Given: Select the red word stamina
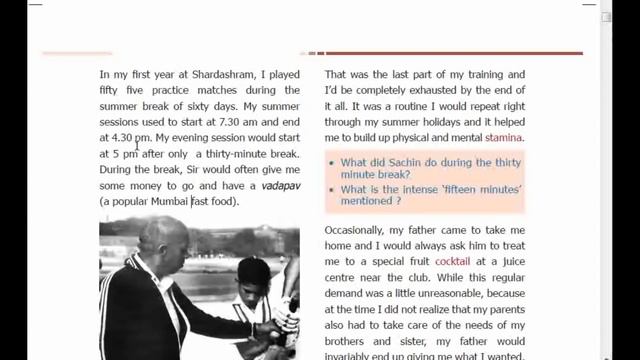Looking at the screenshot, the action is click(504, 138).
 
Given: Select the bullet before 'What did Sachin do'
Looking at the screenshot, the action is click(331, 162).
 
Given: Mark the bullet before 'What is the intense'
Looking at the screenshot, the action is click(331, 188).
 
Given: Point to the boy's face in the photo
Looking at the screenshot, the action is click(254, 281).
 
